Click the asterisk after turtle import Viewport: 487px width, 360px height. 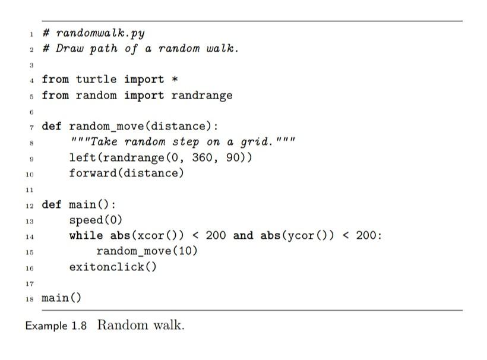(x=175, y=80)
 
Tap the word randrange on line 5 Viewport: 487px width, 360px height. (x=202, y=95)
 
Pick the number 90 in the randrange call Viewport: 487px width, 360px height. (x=233, y=157)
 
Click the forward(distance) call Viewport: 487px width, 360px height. (x=127, y=173)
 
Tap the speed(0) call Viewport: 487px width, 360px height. (x=96, y=220)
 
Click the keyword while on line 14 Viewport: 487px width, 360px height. (x=86, y=235)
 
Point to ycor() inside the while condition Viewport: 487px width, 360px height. (x=304, y=235)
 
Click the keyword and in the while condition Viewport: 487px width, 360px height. (x=243, y=235)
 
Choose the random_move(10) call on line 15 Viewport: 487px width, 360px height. (x=147, y=251)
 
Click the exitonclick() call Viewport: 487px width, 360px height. (x=113, y=266)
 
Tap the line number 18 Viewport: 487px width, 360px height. (x=29, y=298)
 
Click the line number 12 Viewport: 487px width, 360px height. (x=29, y=206)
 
